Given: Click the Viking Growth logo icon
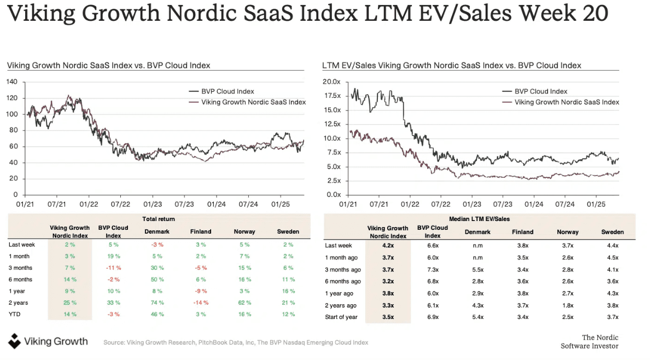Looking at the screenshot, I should tap(14, 341).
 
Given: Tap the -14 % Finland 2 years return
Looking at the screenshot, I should tap(200, 303).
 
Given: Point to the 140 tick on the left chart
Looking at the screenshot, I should tap(12, 82).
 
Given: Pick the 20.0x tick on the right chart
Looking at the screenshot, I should tap(331, 82).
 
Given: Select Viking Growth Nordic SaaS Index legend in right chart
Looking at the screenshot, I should tap(567, 102).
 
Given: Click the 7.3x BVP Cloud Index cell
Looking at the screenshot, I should tap(432, 270).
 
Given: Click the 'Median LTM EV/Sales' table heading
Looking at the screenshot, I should tap(479, 219).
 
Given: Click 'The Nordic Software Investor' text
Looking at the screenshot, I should tap(589, 341).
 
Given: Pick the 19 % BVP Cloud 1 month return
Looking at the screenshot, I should tap(113, 256).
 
